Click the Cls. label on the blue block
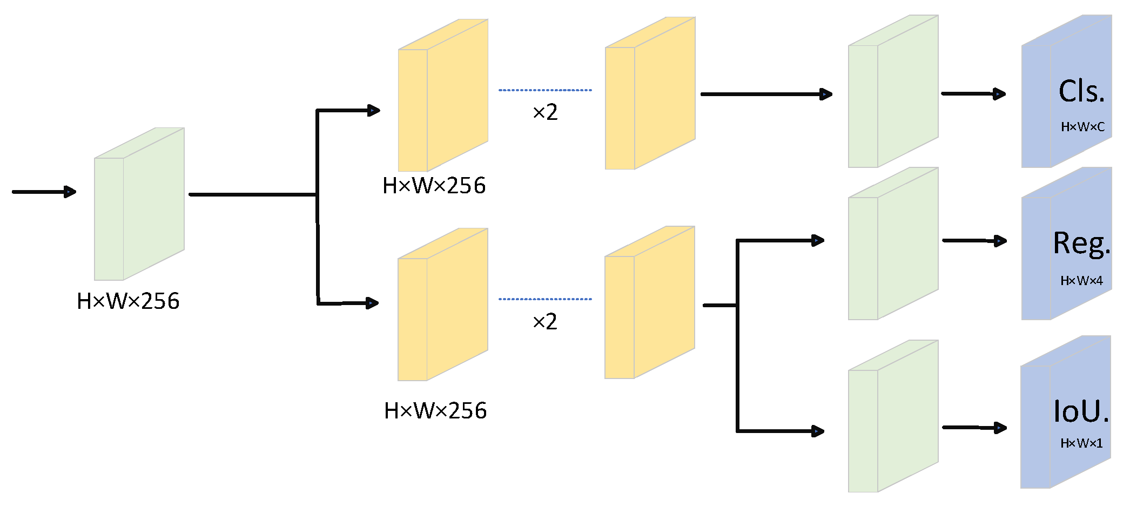pyautogui.click(x=1081, y=91)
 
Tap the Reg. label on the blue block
pyautogui.click(x=1081, y=243)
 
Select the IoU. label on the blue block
pyautogui.click(x=1081, y=411)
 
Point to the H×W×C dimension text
pyautogui.click(x=1082, y=127)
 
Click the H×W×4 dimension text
pyautogui.click(x=1081, y=281)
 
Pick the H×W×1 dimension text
pyautogui.click(x=1081, y=443)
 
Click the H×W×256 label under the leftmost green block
pyautogui.click(x=128, y=301)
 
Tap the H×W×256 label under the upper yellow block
pyautogui.click(x=434, y=186)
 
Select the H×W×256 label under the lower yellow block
pyautogui.click(x=435, y=411)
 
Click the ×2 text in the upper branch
pyautogui.click(x=544, y=112)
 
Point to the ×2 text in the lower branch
pyautogui.click(x=544, y=322)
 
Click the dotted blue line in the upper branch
pyautogui.click(x=544, y=90)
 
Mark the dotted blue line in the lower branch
pyautogui.click(x=544, y=299)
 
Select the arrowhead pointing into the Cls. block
pyautogui.click(x=1000, y=94)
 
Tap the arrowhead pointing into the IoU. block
pyautogui.click(x=1001, y=428)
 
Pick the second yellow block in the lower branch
pyautogui.click(x=650, y=302)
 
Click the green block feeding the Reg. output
pyautogui.click(x=893, y=244)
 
